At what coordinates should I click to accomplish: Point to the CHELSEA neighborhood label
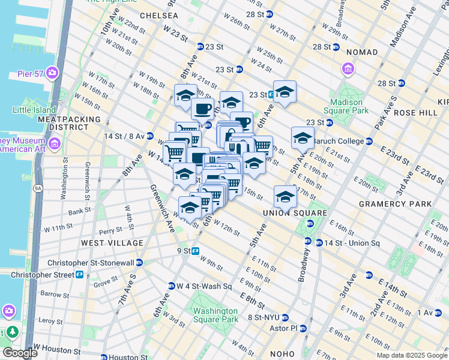(158, 15)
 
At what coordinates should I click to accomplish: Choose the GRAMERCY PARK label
(395, 204)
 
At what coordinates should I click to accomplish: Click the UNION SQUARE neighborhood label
(295, 213)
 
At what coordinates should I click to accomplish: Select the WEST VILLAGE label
(112, 243)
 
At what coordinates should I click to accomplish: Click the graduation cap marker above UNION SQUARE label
(285, 196)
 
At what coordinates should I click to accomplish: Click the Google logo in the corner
(19, 353)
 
